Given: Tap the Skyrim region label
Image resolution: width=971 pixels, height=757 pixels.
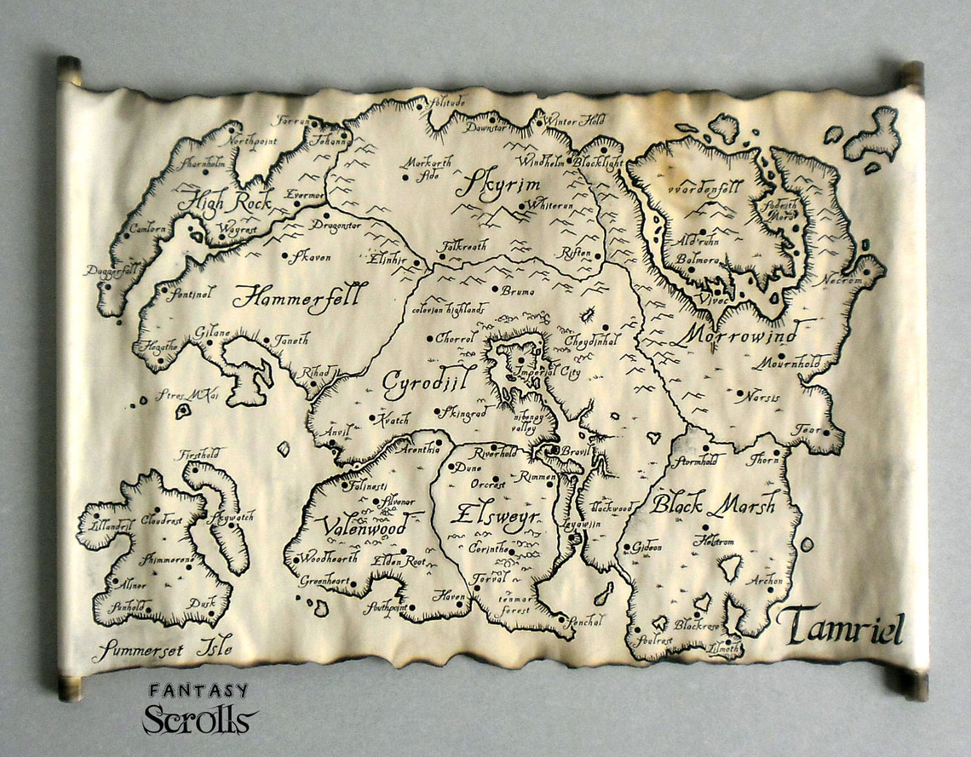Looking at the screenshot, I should [x=490, y=183].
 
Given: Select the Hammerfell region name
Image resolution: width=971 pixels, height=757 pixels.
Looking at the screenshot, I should [x=296, y=296].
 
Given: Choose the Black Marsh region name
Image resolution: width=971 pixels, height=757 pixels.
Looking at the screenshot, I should [x=714, y=504].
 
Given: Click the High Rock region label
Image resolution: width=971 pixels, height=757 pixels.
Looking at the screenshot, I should [x=223, y=202].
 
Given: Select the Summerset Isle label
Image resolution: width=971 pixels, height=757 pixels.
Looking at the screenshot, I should [x=163, y=649].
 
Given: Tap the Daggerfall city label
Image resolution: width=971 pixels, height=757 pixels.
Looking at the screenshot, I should [x=112, y=271].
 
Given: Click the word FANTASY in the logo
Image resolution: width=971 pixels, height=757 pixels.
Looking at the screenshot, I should [x=198, y=691].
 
